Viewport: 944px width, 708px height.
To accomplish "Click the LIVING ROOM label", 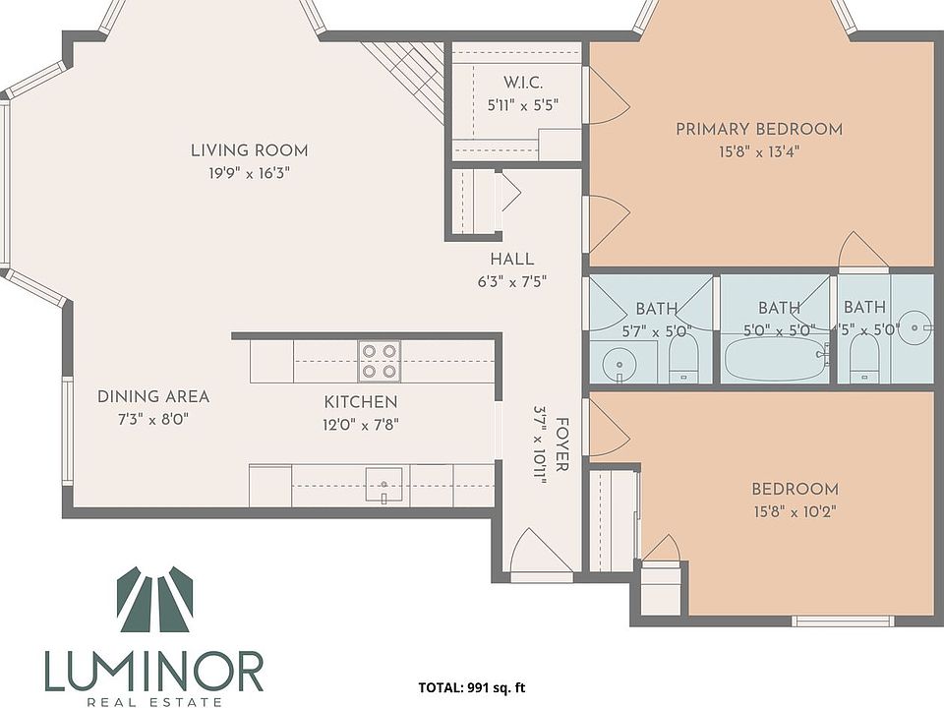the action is point(249,150).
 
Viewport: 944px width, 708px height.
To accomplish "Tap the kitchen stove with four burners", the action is point(380,361).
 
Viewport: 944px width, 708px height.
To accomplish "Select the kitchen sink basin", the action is point(384,484).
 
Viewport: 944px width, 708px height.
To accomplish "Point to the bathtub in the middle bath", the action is point(776,358).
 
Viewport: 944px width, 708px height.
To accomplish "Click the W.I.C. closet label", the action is point(522,82).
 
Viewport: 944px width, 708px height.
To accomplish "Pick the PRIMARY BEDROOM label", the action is point(758,129).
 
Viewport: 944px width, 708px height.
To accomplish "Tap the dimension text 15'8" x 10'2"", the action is point(795,511).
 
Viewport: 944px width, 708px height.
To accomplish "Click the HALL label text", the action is point(511,260).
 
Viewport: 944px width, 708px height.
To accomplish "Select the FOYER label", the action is point(561,444).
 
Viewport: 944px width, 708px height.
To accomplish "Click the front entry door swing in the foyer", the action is point(541,551).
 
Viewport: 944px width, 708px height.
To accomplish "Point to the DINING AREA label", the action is point(153,396).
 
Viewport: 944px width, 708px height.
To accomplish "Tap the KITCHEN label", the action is point(361,402).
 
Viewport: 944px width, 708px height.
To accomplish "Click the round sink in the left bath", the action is point(619,364).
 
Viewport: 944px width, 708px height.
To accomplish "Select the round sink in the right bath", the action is point(914,327).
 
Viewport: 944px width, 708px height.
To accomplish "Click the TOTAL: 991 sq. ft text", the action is point(472,687).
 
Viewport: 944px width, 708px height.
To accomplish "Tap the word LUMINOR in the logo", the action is point(154,672).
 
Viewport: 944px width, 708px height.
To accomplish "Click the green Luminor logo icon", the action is point(154,599).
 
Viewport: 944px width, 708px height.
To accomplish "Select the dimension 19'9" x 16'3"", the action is point(249,173).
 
